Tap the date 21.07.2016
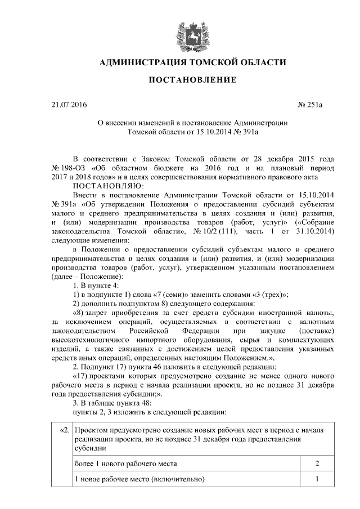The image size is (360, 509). pyautogui.click(x=66, y=105)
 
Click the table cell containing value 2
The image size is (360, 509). pyautogui.click(x=317, y=464)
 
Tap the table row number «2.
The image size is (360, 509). pyautogui.click(x=63, y=430)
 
